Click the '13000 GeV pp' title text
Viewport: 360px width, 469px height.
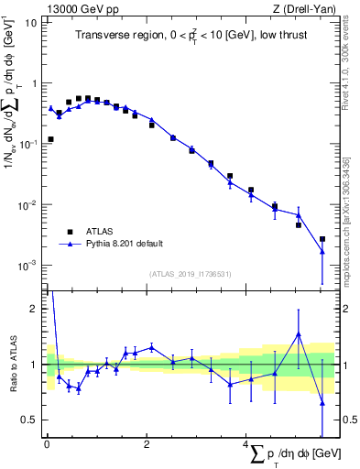tap(78, 9)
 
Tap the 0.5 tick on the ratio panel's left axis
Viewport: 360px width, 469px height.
tap(31, 420)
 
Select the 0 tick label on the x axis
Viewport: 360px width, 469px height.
tap(47, 446)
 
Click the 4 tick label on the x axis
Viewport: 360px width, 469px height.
tap(245, 446)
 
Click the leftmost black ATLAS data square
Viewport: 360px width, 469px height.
tap(50, 139)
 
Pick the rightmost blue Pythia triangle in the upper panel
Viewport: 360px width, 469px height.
tap(322, 251)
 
